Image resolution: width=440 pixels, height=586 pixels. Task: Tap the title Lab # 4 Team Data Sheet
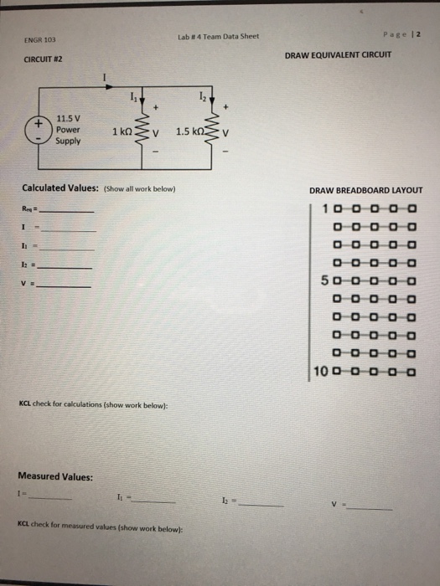tap(219, 36)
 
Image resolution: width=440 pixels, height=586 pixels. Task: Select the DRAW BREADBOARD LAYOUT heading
tap(365, 190)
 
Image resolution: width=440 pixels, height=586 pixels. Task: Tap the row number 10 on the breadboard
tap(322, 372)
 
